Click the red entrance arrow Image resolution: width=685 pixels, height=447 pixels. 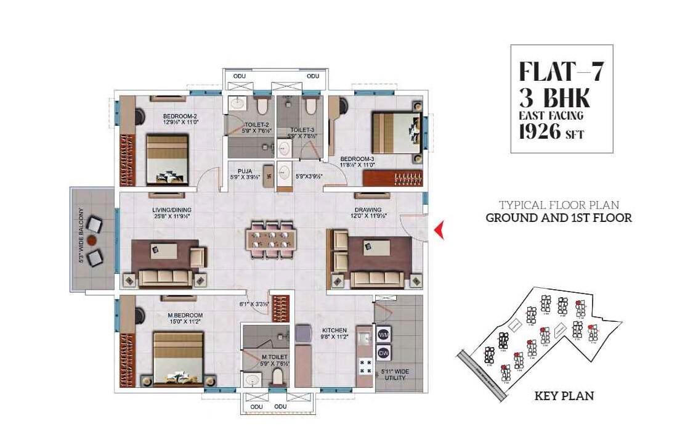pyautogui.click(x=439, y=231)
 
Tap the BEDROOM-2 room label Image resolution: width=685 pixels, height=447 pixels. pyautogui.click(x=180, y=116)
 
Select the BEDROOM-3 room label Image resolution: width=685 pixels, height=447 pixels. pyautogui.click(x=357, y=159)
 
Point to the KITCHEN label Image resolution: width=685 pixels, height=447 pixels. pyautogui.click(x=333, y=330)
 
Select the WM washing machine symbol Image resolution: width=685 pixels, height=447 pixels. pyautogui.click(x=382, y=334)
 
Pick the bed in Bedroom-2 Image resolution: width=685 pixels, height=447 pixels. pyautogui.click(x=167, y=159)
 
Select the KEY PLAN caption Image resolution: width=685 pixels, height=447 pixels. pyautogui.click(x=564, y=396)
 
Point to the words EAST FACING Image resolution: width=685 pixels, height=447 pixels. pyautogui.click(x=551, y=115)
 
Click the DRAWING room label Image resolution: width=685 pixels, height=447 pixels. pyautogui.click(x=367, y=210)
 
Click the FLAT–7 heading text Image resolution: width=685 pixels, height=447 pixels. pyautogui.click(x=561, y=72)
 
